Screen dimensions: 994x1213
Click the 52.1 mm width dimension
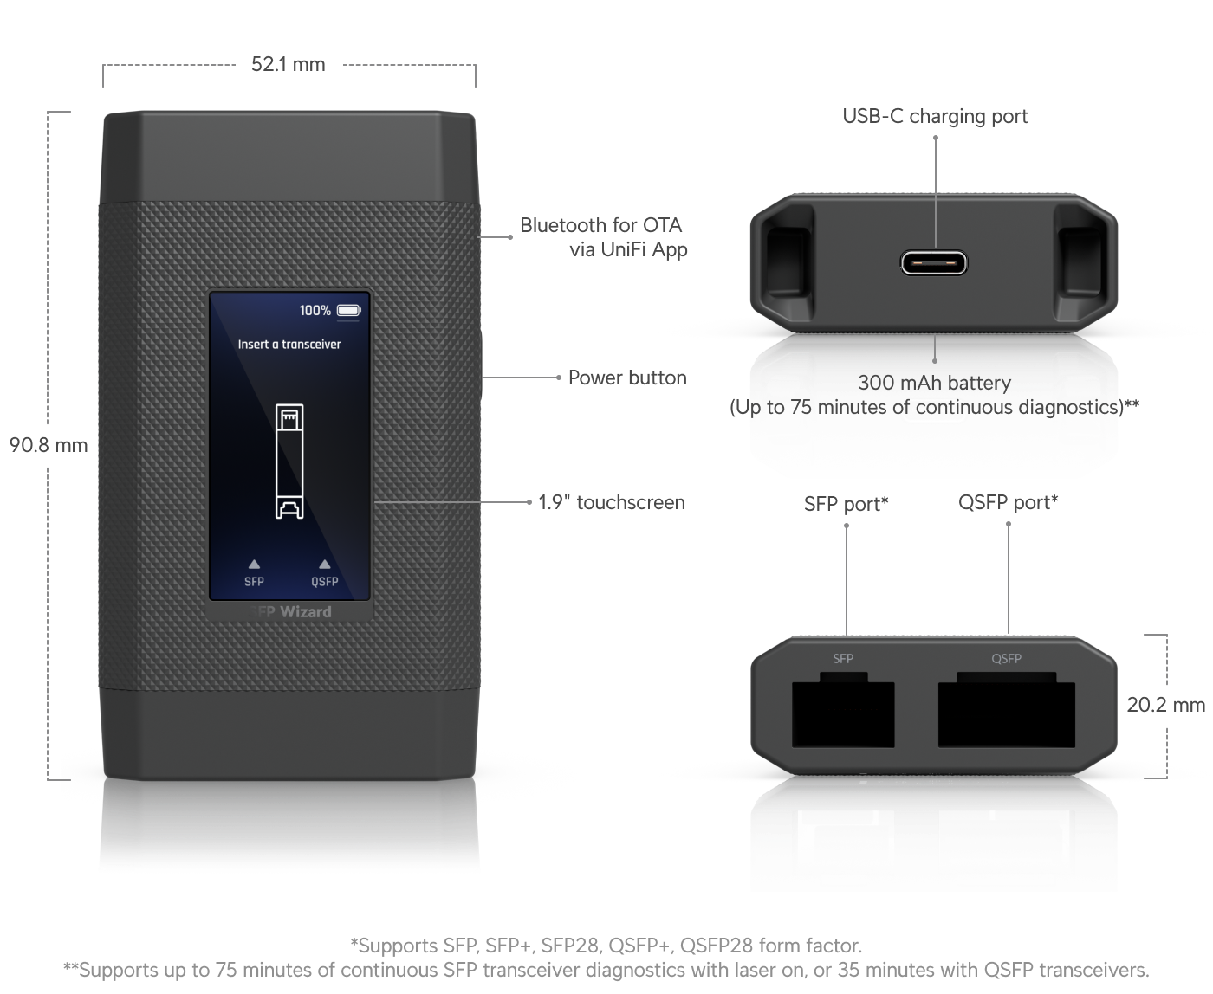click(x=288, y=65)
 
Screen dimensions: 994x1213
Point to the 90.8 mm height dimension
click(x=49, y=445)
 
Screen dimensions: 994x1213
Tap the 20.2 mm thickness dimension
click(x=1165, y=705)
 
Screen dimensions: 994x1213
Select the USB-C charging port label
click(x=935, y=116)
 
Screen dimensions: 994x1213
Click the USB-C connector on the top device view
click(x=934, y=261)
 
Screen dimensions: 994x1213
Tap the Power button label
click(x=626, y=378)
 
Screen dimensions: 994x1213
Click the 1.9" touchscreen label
click(x=611, y=502)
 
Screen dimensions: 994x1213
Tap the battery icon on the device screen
click(x=348, y=310)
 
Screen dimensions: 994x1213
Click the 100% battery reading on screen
click(x=315, y=310)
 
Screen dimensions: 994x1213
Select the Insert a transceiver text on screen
click(x=289, y=344)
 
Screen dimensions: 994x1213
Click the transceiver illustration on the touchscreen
click(x=289, y=461)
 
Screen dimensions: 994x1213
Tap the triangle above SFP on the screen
click(x=254, y=564)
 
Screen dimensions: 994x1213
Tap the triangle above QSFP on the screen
click(x=324, y=564)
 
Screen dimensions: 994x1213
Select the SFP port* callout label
click(x=846, y=503)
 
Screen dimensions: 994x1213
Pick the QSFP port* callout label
click(x=1008, y=502)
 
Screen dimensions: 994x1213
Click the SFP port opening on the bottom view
click(x=843, y=714)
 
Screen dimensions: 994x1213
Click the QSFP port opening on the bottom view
click(x=1007, y=714)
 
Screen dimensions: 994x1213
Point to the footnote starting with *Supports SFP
click(x=606, y=945)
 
